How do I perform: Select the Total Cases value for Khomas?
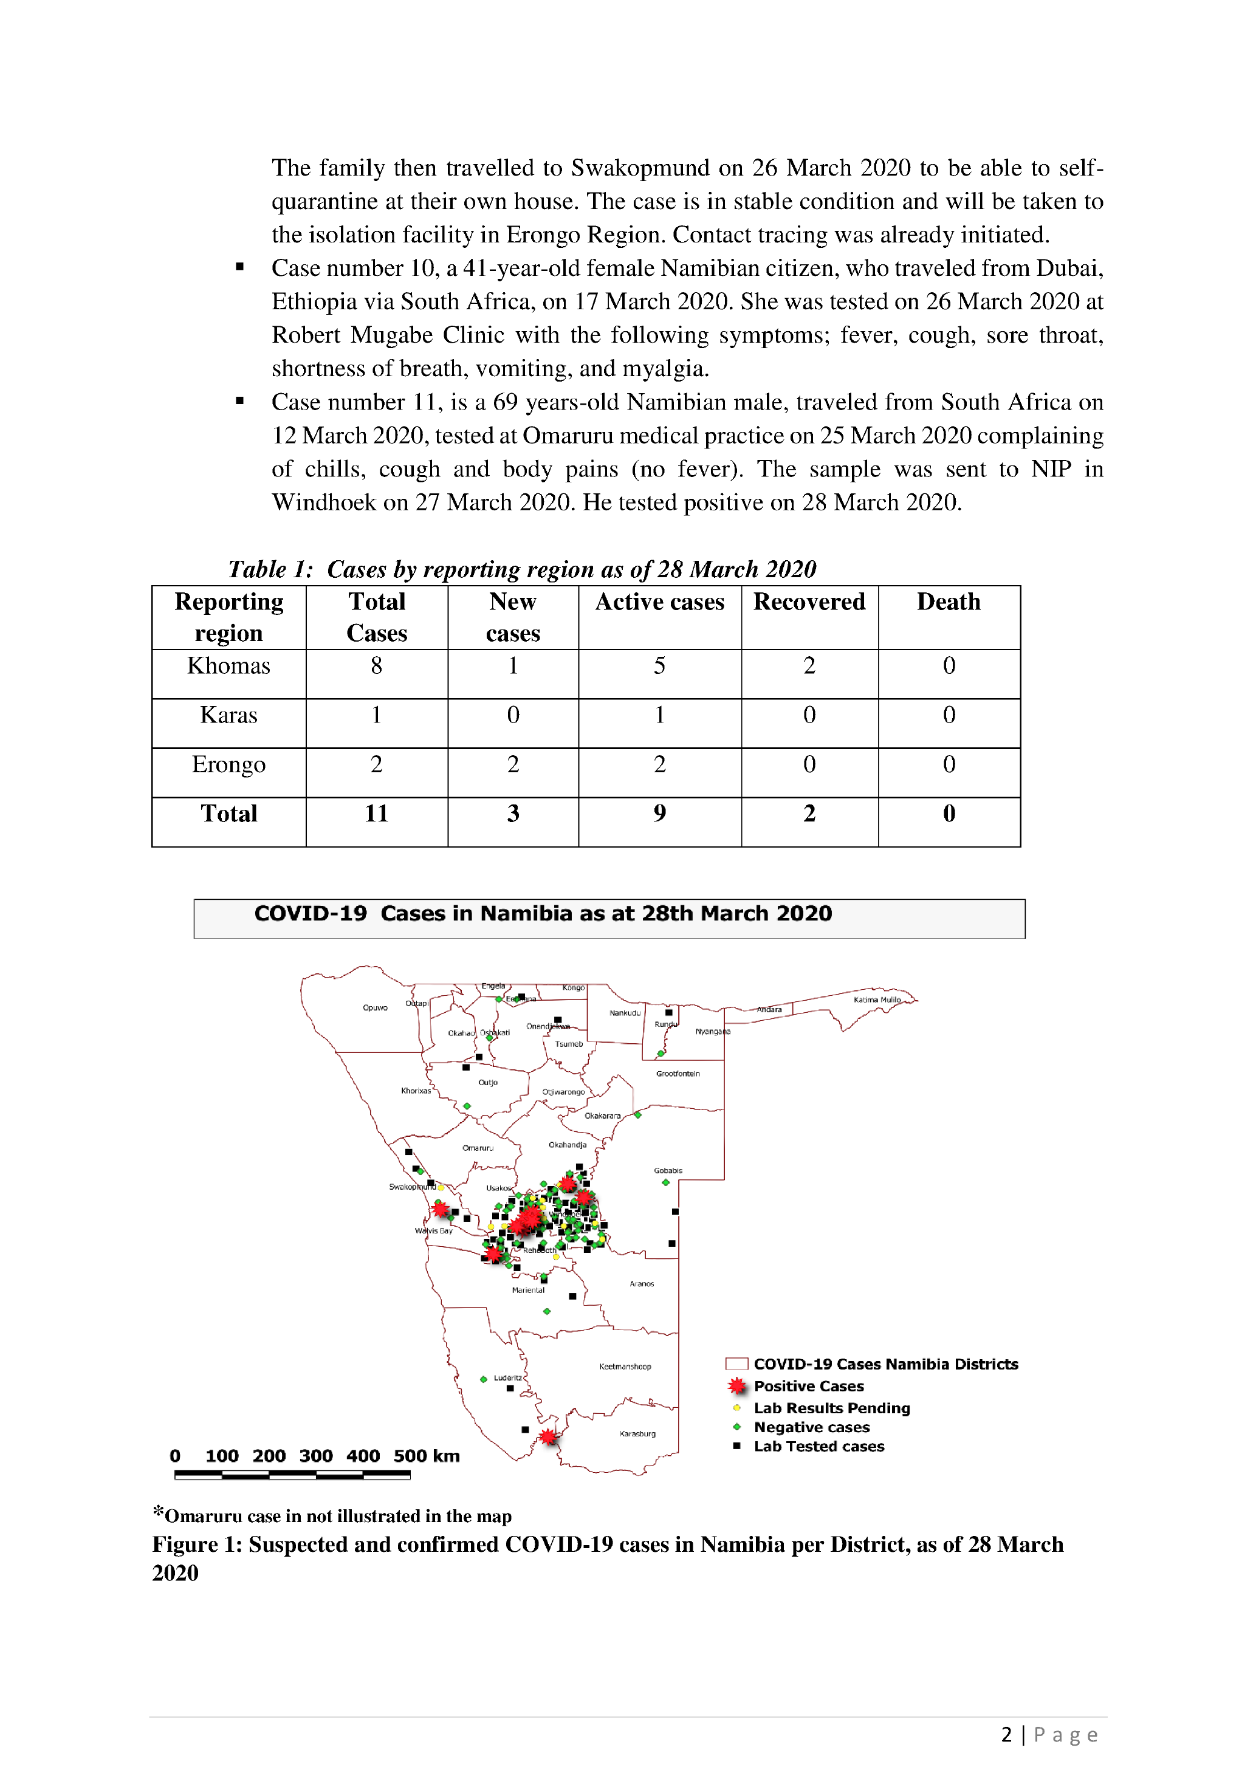coord(376,666)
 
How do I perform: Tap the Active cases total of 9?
coord(659,814)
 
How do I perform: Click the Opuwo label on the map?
coord(375,1008)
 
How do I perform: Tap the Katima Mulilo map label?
coord(877,999)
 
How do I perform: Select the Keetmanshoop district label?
coord(625,1367)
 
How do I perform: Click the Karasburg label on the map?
coord(637,1433)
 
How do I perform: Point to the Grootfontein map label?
coord(678,1074)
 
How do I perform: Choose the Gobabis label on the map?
coord(668,1170)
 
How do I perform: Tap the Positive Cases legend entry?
coord(808,1386)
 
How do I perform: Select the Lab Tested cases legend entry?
coord(818,1447)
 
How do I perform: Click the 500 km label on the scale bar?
coord(426,1456)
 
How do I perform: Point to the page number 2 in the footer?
coord(1006,1735)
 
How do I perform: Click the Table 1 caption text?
coord(522,569)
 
